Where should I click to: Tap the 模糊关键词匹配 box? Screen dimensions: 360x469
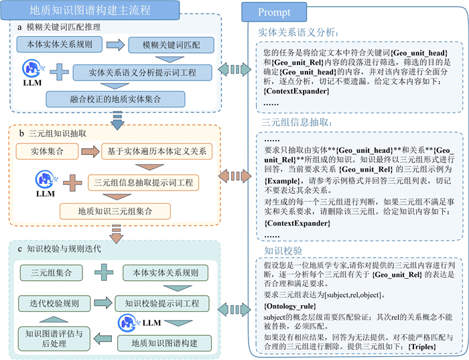170,45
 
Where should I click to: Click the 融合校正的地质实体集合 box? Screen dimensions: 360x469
116,99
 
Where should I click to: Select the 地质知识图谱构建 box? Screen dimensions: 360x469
160,343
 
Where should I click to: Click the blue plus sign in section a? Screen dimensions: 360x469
60,70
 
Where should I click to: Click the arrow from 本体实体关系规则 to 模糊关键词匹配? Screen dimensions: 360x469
116,45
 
